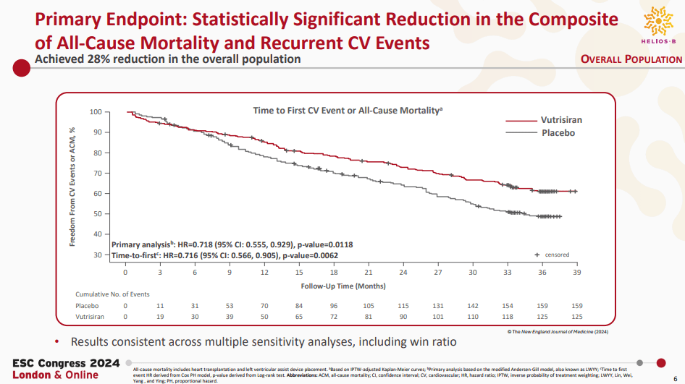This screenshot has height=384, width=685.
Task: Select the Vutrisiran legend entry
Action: coord(561,120)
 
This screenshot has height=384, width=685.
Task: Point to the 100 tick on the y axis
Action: coord(96,112)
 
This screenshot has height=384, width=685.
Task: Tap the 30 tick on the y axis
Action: coord(98,255)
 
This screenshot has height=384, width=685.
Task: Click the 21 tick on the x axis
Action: coord(368,272)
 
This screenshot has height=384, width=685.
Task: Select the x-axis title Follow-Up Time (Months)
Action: coord(343,286)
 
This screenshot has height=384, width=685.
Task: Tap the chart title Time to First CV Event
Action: coord(347,111)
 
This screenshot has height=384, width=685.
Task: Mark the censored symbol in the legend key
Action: coord(537,255)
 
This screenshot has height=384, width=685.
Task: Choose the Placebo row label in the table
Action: coord(88,306)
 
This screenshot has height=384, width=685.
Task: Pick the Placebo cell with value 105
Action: coord(368,306)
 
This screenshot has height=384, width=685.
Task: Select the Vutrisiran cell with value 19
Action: coord(160,317)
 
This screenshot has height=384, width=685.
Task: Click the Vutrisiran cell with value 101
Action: coord(437,317)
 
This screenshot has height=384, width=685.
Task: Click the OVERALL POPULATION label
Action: coord(631,59)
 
